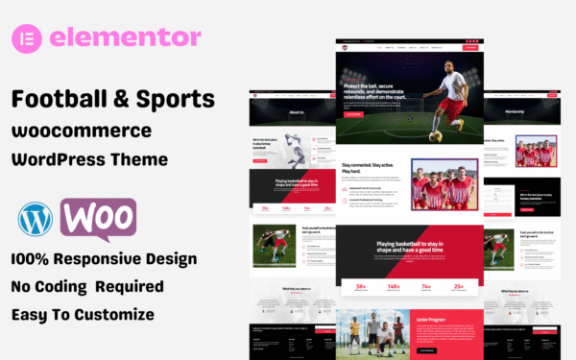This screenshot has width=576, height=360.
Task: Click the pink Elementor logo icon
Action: click(36, 38)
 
